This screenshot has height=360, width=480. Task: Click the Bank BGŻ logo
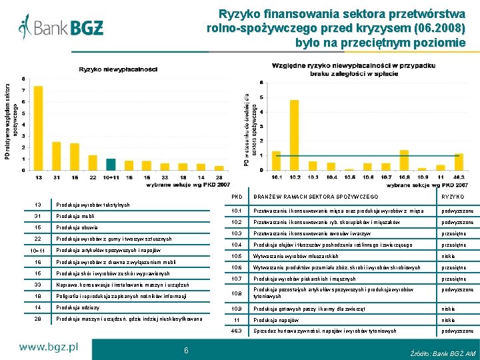coord(61,28)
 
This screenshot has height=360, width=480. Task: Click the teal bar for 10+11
coord(111,164)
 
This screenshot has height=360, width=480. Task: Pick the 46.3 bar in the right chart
coord(458,162)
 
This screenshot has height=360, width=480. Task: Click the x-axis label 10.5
coord(349,177)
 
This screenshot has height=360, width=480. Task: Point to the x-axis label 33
coord(165,177)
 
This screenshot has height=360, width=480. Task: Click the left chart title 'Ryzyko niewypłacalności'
coord(118,69)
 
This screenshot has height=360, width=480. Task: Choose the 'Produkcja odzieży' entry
coord(78,307)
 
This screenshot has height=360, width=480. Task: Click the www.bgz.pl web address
coord(49,347)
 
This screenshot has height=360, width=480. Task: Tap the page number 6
coord(185,350)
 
